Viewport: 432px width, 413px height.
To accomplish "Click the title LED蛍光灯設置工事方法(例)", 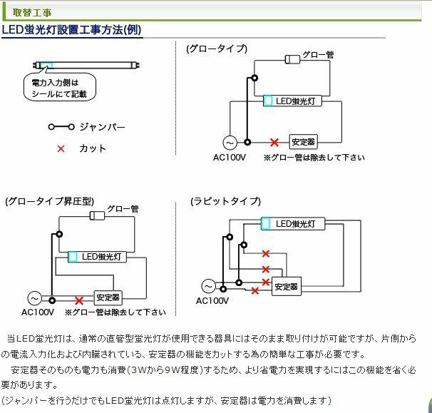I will [x=71, y=30].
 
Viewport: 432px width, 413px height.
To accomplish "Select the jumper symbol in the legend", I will [x=61, y=127].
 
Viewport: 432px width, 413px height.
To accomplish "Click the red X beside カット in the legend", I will [x=61, y=148].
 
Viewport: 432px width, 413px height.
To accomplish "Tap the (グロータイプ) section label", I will [x=217, y=49].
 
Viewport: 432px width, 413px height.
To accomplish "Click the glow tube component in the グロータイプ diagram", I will [x=292, y=58].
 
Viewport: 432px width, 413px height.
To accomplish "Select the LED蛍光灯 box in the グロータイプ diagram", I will [x=293, y=101].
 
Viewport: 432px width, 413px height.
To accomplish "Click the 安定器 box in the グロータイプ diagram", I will [x=303, y=141].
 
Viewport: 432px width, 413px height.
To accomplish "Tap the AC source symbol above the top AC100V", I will [x=231, y=142].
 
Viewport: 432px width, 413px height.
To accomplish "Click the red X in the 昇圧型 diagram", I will [x=79, y=301].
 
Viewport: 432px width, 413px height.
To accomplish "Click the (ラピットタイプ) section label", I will [x=225, y=201].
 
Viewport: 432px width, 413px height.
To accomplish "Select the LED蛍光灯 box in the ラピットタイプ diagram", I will [x=294, y=224].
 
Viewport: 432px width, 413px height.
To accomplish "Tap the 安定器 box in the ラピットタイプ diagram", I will [x=286, y=287].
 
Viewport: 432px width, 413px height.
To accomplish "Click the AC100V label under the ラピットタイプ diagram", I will [x=212, y=301].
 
